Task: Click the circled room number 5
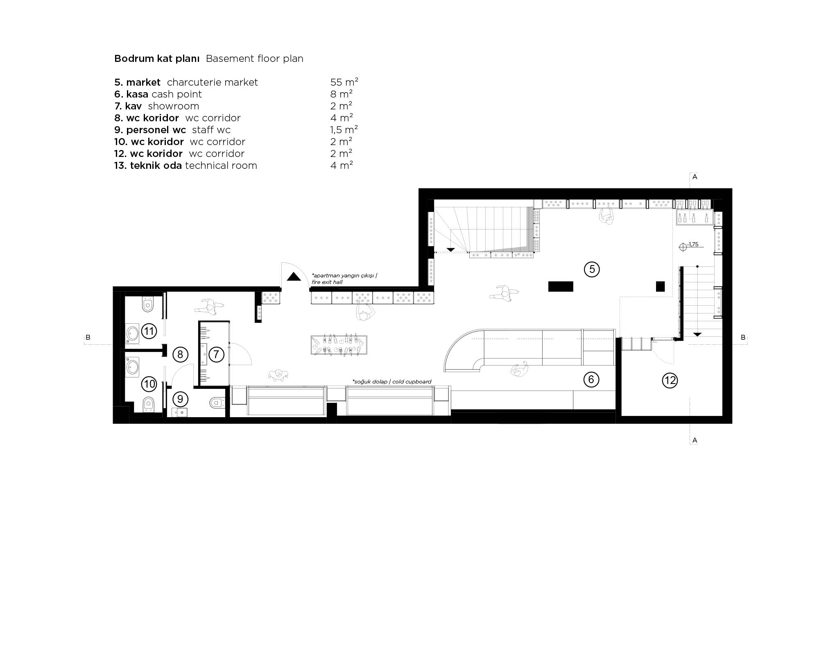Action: (592, 269)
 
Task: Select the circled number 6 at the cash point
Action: (591, 379)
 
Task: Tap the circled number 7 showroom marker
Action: (216, 354)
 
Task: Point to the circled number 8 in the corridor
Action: (180, 354)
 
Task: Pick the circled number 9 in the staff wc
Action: (180, 398)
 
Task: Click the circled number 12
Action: (670, 380)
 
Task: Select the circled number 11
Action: (149, 331)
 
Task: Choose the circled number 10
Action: (149, 384)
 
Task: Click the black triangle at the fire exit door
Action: (294, 277)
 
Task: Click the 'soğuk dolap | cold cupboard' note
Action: (392, 381)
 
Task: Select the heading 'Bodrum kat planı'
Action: (157, 59)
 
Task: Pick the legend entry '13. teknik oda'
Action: (148, 166)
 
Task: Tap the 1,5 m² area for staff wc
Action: (344, 129)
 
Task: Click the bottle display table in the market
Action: (339, 345)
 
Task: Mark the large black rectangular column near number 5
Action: (561, 286)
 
